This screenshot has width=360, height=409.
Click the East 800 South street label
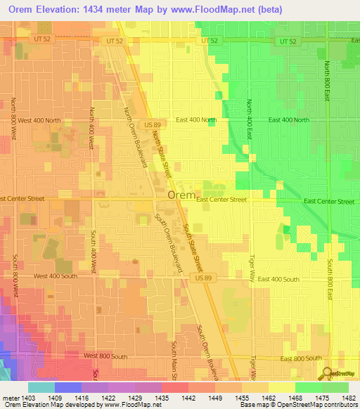pyautogui.click(x=301, y=358)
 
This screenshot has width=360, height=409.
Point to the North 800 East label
pyautogui.click(x=328, y=81)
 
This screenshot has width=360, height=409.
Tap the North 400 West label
pyautogui.click(x=91, y=129)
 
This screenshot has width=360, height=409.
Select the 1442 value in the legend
pyautogui.click(x=188, y=398)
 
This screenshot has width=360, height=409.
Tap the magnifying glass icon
pyautogui.click(x=328, y=373)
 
